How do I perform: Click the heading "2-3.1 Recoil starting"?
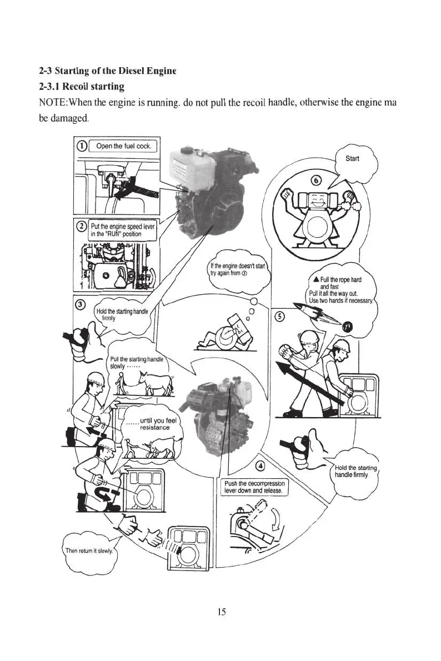click(81, 87)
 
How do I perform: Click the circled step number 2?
click(82, 226)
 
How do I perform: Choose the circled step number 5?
click(280, 316)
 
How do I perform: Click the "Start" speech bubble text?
click(352, 158)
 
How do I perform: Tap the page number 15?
click(221, 612)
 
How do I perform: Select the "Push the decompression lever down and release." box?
click(254, 487)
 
